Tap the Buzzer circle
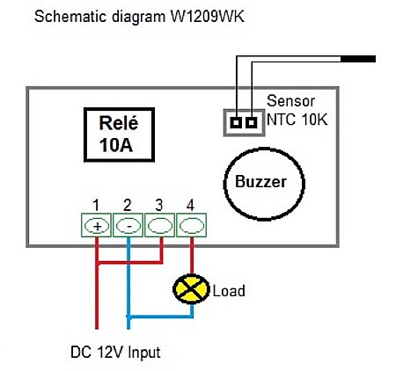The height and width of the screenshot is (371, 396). click(x=268, y=183)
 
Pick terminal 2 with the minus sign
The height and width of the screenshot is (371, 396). click(x=128, y=225)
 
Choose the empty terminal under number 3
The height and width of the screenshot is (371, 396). click(x=159, y=225)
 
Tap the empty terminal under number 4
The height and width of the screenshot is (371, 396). click(x=191, y=225)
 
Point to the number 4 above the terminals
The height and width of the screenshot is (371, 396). click(x=190, y=205)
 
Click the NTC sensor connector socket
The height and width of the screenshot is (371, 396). click(x=244, y=122)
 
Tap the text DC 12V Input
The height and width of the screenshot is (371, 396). click(x=114, y=353)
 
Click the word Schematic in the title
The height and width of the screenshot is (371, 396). click(x=66, y=17)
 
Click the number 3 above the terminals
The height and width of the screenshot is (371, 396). click(x=158, y=205)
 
